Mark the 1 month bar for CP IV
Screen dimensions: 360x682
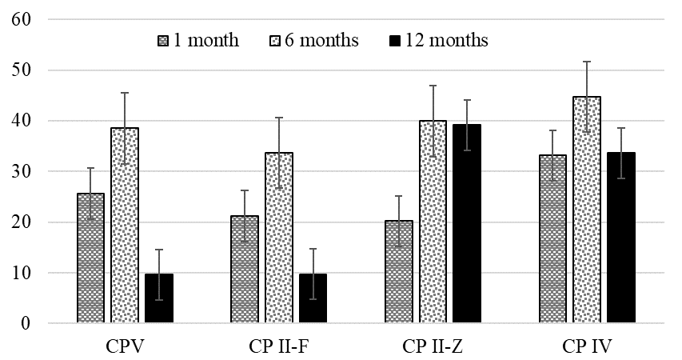(x=552, y=239)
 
